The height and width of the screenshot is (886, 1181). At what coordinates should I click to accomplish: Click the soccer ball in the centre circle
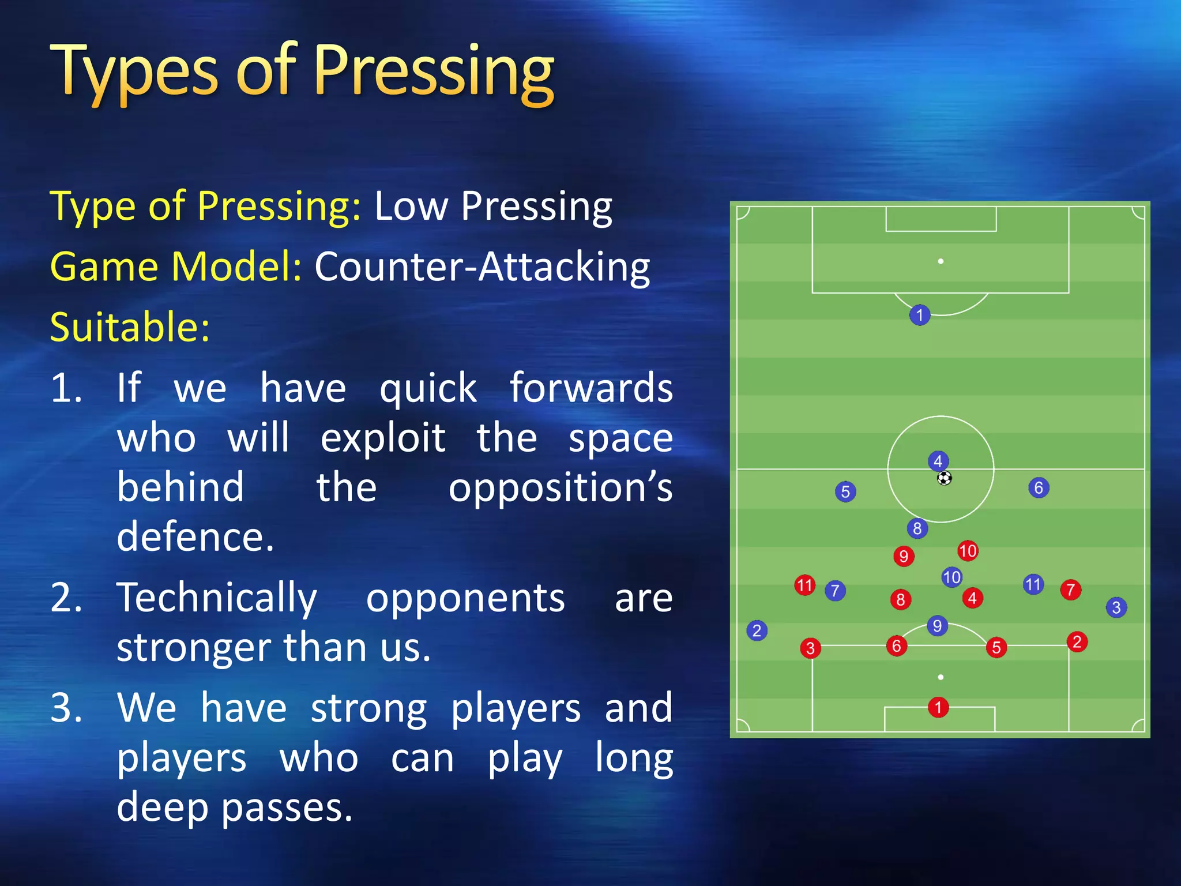944,478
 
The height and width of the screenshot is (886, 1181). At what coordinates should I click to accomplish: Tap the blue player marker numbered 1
920,315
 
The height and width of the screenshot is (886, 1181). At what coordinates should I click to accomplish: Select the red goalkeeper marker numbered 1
938,707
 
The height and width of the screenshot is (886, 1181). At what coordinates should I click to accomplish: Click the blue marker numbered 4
938,461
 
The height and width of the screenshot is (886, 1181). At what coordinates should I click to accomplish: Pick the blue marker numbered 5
845,492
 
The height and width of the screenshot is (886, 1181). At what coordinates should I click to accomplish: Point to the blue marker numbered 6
1039,488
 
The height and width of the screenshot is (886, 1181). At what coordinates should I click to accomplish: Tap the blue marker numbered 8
917,528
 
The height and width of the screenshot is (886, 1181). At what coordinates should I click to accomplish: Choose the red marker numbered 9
904,556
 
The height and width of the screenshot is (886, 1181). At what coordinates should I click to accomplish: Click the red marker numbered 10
968,551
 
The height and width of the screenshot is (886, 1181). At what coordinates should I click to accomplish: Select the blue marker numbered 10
951,577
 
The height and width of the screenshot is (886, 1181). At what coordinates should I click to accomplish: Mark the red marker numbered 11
804,585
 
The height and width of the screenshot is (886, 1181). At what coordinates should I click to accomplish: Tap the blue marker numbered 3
1116,607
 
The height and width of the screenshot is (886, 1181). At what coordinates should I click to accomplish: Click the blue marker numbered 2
757,630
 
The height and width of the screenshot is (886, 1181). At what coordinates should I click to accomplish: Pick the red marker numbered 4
972,598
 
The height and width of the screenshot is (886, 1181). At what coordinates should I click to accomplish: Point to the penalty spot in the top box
941,262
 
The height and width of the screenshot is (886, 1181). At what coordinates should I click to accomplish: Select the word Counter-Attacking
482,266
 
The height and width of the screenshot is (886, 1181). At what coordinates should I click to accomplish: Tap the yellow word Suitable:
130,327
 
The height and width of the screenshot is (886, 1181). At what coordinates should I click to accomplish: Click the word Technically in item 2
217,598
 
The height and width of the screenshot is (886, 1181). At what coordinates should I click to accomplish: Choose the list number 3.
66,708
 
